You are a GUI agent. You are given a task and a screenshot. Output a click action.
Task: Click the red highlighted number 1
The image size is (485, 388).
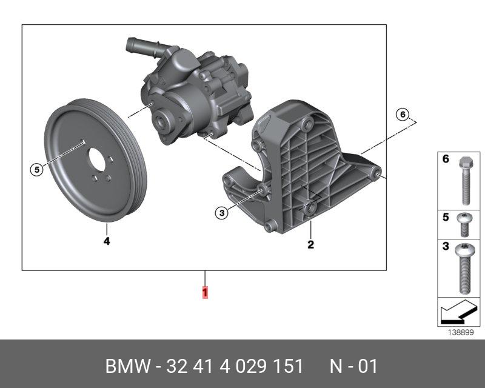coord(205,293)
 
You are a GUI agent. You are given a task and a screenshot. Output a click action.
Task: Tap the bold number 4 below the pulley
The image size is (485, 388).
coord(107,241)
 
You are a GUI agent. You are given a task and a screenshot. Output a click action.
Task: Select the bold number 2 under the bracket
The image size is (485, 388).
coord(310,244)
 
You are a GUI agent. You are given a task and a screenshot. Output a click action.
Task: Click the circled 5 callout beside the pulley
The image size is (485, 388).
coord(37,170)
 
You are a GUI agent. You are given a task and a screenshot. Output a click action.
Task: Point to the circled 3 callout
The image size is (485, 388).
coord(222,213)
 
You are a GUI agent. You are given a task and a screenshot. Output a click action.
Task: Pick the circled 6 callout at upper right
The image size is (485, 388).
coord(403,115)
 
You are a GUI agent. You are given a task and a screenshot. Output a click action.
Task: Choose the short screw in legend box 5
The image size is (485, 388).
coord(464,225)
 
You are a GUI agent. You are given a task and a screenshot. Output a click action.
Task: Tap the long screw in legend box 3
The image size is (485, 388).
coord(465,268)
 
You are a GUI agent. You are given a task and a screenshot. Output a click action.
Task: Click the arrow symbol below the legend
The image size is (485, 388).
coord(458,312)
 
